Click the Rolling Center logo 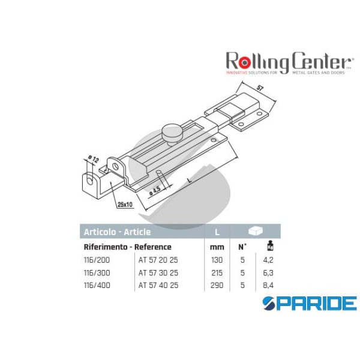point(288,63)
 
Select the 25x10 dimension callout point(125,205)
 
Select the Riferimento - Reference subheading point(127,247)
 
